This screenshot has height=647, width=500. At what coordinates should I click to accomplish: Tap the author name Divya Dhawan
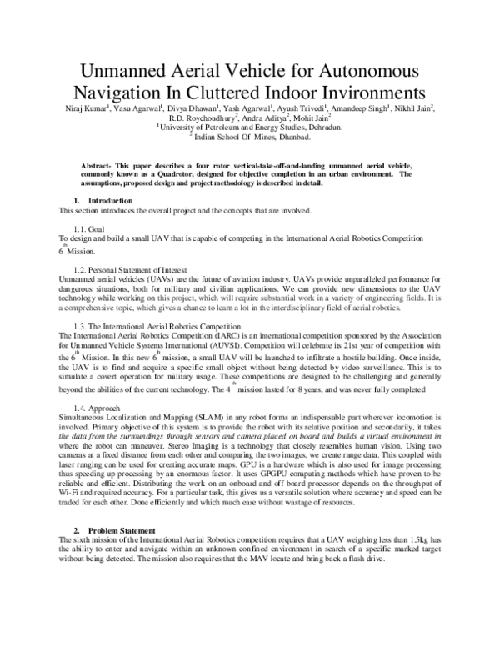click(x=190, y=108)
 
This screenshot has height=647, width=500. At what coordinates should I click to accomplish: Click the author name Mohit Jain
click(x=309, y=118)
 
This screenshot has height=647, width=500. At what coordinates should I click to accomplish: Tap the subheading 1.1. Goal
click(x=88, y=228)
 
